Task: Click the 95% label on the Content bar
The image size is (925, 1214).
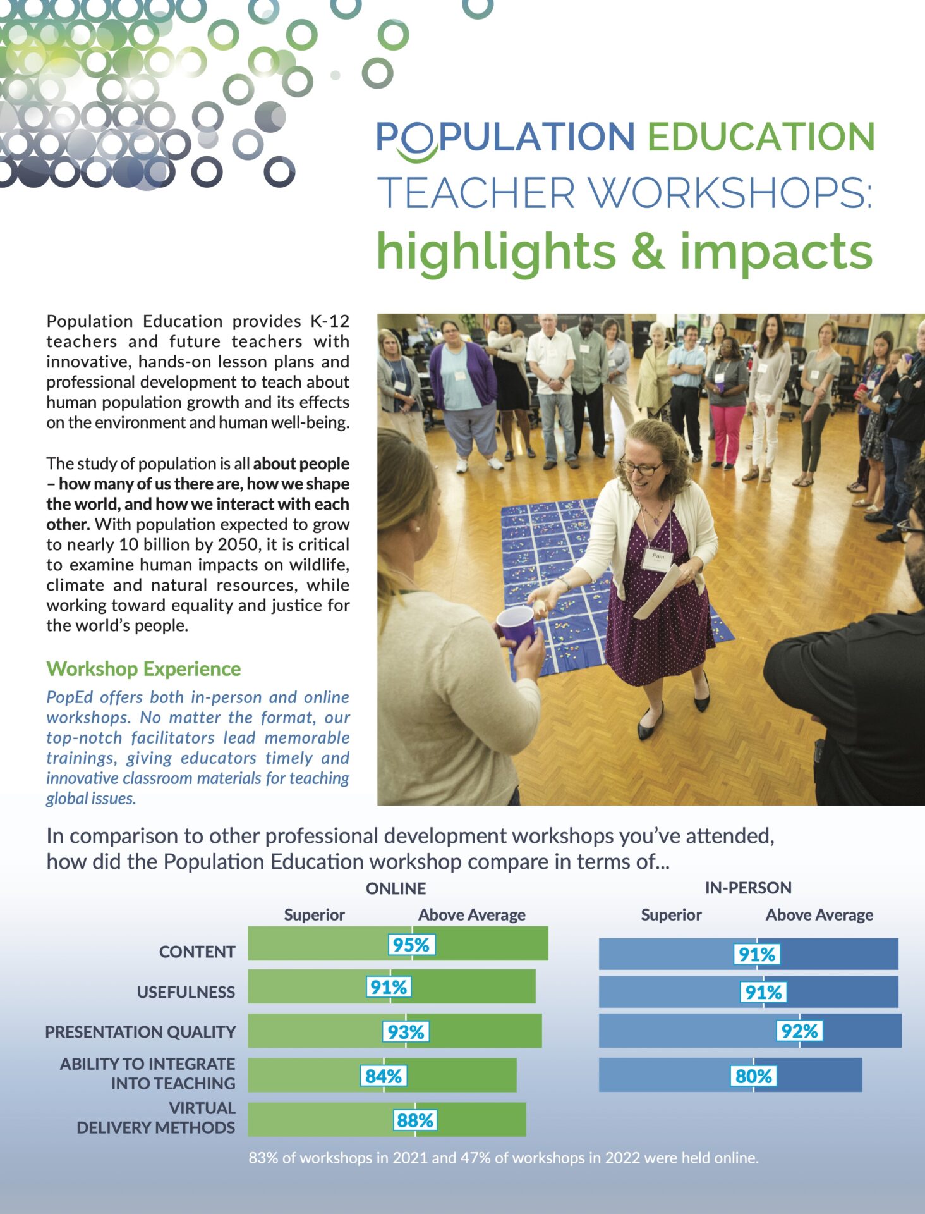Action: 411,945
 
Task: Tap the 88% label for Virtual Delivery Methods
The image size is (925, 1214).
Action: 414,1120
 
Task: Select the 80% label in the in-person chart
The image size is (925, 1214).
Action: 753,1076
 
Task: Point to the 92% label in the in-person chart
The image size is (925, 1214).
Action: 799,1031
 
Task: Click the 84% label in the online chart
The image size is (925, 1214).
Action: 384,1076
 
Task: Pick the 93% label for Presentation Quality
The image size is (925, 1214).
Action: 406,1032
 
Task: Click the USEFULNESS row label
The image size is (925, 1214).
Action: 186,992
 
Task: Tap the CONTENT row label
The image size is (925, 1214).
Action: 197,952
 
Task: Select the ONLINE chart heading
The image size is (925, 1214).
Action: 396,888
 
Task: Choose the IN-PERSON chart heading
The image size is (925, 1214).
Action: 748,888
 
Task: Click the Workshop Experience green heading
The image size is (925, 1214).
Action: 143,669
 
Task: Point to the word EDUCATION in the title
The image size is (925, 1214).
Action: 761,137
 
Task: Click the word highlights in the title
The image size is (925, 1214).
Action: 496,252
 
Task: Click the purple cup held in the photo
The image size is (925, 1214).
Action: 516,626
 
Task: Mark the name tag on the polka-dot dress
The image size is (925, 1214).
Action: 658,559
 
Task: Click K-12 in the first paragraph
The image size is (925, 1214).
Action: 330,321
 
